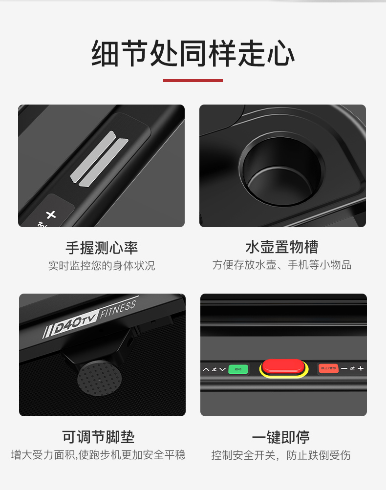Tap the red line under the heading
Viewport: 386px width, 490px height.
click(193, 80)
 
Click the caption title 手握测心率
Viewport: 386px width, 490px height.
click(102, 247)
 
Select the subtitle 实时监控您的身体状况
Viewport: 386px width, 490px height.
click(102, 266)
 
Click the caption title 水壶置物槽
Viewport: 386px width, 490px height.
click(282, 247)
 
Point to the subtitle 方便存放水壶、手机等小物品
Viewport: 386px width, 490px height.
click(282, 265)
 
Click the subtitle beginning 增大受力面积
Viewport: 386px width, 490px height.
click(98, 455)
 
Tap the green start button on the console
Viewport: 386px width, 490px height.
click(238, 369)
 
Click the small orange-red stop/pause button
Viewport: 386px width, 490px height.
click(328, 368)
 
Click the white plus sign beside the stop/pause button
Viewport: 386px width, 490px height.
click(361, 368)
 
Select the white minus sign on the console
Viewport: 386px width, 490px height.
click(344, 368)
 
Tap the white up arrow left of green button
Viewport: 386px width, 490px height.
click(206, 369)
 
